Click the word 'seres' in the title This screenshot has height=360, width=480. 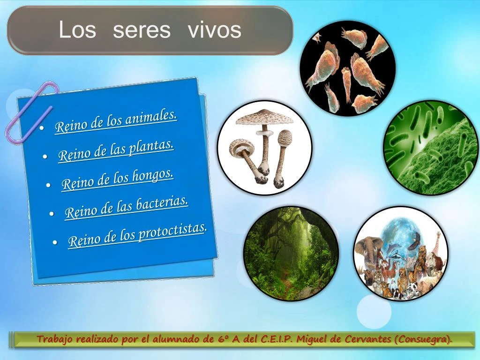[x=142, y=30]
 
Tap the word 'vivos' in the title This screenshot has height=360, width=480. [x=215, y=30]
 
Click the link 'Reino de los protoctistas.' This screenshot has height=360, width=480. [x=137, y=235]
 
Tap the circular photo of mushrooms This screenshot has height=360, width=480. [x=265, y=147]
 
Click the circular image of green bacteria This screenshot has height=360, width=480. [x=432, y=148]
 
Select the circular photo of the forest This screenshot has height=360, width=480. [x=291, y=253]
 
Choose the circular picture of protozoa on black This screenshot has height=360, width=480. [x=347, y=67]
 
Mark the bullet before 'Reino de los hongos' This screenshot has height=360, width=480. [x=48, y=185]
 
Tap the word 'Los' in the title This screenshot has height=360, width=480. [x=77, y=30]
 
